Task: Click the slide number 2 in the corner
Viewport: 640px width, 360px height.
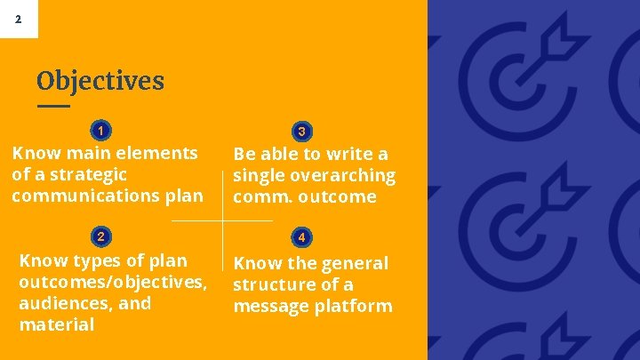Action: click(x=19, y=19)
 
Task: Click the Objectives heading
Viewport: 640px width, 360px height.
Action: click(x=100, y=81)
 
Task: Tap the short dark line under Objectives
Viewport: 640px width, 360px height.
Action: click(x=53, y=106)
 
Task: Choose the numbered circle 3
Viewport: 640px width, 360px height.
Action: click(x=302, y=132)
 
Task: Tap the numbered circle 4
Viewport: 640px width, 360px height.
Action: click(x=302, y=237)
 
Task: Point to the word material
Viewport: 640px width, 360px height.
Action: click(x=56, y=324)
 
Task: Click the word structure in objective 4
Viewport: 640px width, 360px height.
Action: click(x=274, y=284)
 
